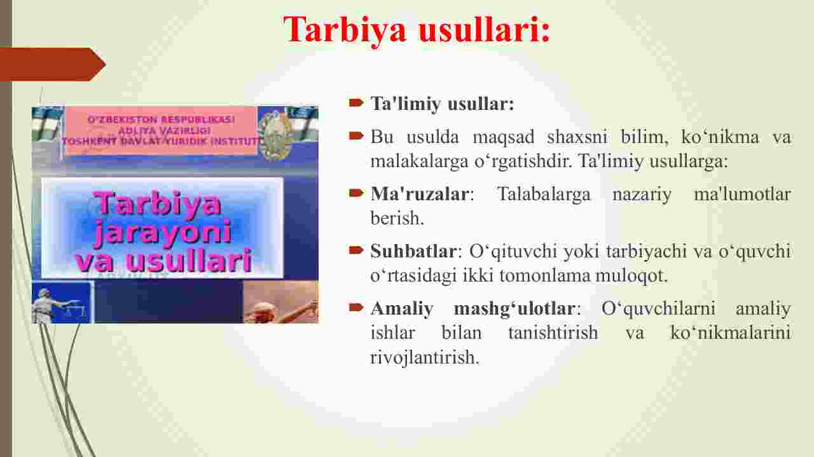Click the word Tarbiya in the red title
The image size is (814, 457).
tap(345, 31)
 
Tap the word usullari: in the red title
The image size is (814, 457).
tap(485, 29)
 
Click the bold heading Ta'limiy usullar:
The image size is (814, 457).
tap(442, 104)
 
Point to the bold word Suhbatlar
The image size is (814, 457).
tap(413, 251)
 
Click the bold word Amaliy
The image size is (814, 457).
tap(402, 308)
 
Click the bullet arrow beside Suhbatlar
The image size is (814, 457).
tap(356, 250)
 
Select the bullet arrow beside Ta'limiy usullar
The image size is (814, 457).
tap(356, 102)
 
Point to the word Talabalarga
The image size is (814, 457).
tap(544, 194)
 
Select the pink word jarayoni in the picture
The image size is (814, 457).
tap(163, 234)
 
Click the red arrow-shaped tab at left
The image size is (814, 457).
tap(53, 65)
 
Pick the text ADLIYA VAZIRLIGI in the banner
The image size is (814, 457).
tap(165, 130)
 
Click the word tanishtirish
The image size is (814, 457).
tap(553, 332)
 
